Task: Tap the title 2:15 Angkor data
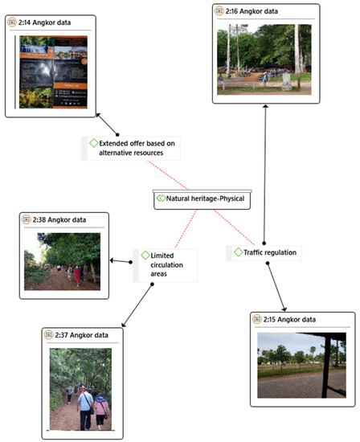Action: [x=290, y=320]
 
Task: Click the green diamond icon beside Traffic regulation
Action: [x=238, y=252]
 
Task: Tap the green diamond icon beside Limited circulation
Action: [x=143, y=256]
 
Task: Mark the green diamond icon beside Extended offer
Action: [x=94, y=143]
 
